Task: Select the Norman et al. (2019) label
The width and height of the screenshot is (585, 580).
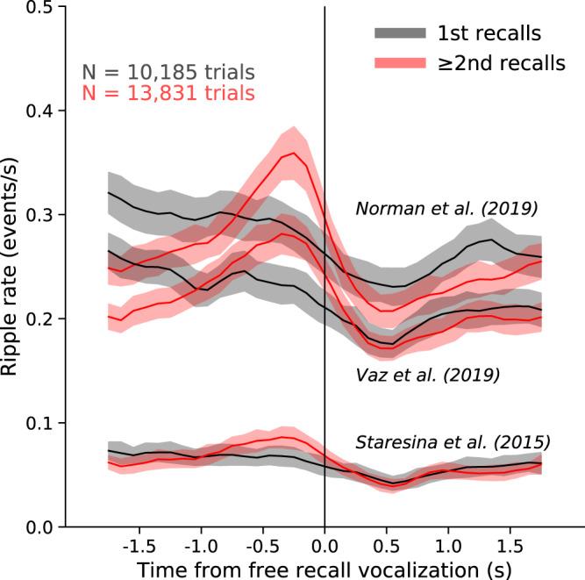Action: pos(446,209)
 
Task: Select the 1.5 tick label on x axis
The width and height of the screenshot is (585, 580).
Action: pos(510,543)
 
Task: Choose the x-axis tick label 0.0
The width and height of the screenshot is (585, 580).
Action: pos(325,543)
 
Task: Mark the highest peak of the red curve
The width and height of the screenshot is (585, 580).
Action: pos(292,153)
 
